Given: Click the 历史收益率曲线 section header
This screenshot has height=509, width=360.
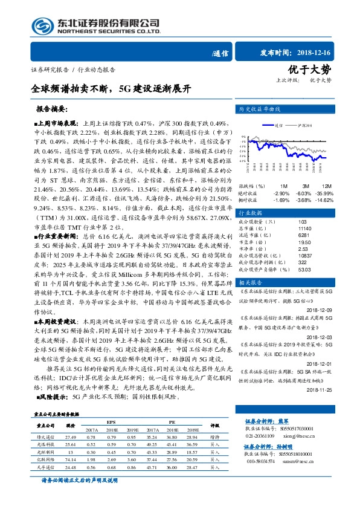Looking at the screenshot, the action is click(x=260, y=109).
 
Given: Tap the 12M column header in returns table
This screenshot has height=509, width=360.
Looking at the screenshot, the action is click(x=327, y=186).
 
